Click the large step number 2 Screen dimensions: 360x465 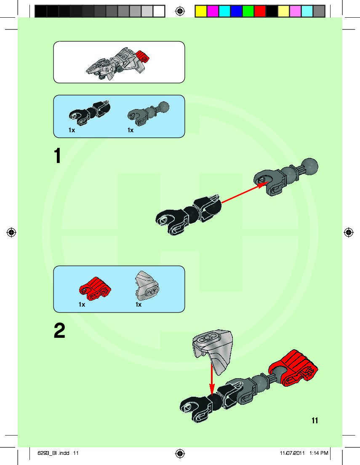coord(59,331)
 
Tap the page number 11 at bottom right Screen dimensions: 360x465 coord(315,420)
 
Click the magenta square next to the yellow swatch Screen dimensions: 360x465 coord(213,11)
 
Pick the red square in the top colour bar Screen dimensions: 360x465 coord(260,11)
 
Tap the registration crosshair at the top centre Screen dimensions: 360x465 coord(180,11)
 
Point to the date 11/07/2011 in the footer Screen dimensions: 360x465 coord(292,453)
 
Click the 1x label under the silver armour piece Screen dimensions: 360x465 coord(139,305)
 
